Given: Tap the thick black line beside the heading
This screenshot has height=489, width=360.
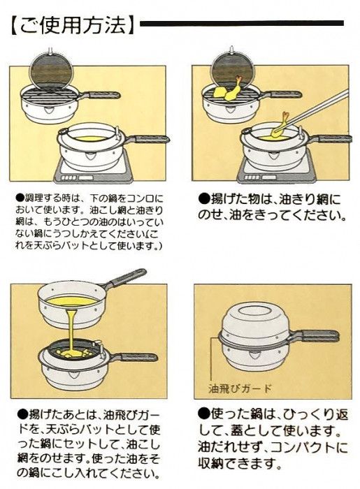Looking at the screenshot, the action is (242, 23).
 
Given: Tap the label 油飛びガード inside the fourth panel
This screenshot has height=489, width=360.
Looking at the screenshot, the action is (240, 388).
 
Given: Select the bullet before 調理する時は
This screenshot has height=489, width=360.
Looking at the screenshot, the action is (20, 198).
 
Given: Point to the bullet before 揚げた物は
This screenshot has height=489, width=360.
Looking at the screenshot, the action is (203, 198).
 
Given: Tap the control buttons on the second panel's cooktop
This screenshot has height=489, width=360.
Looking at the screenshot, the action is (252, 177).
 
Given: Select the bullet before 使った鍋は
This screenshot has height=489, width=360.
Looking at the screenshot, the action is (203, 414).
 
